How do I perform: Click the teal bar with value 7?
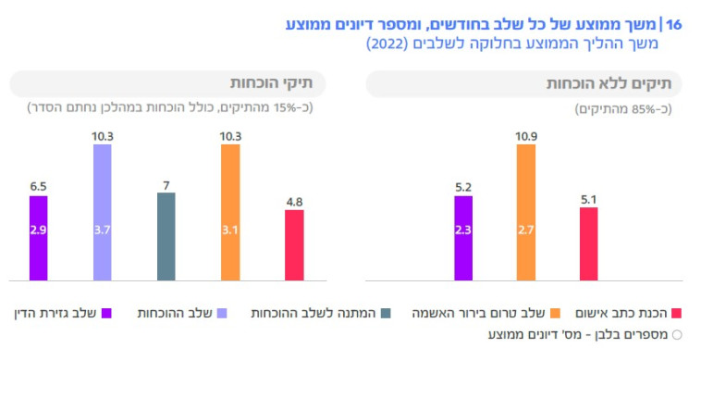click(166, 236)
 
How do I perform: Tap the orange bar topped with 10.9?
click(525, 212)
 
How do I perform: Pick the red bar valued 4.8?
click(294, 244)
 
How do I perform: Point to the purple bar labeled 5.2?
click(462, 238)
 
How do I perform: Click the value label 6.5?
click(38, 186)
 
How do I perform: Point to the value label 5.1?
click(588, 197)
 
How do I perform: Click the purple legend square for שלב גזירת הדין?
click(105, 314)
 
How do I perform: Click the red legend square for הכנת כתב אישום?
click(675, 314)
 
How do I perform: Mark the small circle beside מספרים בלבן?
click(676, 334)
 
